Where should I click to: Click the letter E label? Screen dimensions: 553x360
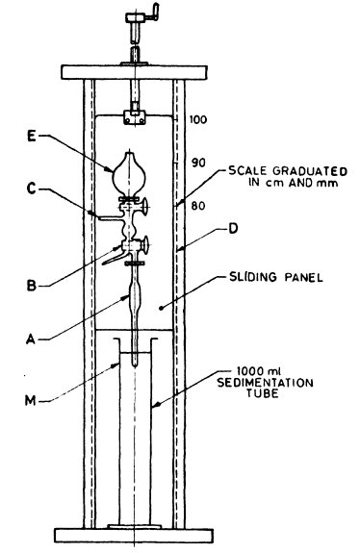pyautogui.click(x=33, y=137)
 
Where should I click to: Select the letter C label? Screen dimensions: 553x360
pyautogui.click(x=33, y=191)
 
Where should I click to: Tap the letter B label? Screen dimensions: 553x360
pyautogui.click(x=33, y=285)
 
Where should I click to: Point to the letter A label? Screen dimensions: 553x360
pyautogui.click(x=33, y=337)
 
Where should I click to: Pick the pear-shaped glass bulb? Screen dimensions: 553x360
pyautogui.click(x=132, y=173)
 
